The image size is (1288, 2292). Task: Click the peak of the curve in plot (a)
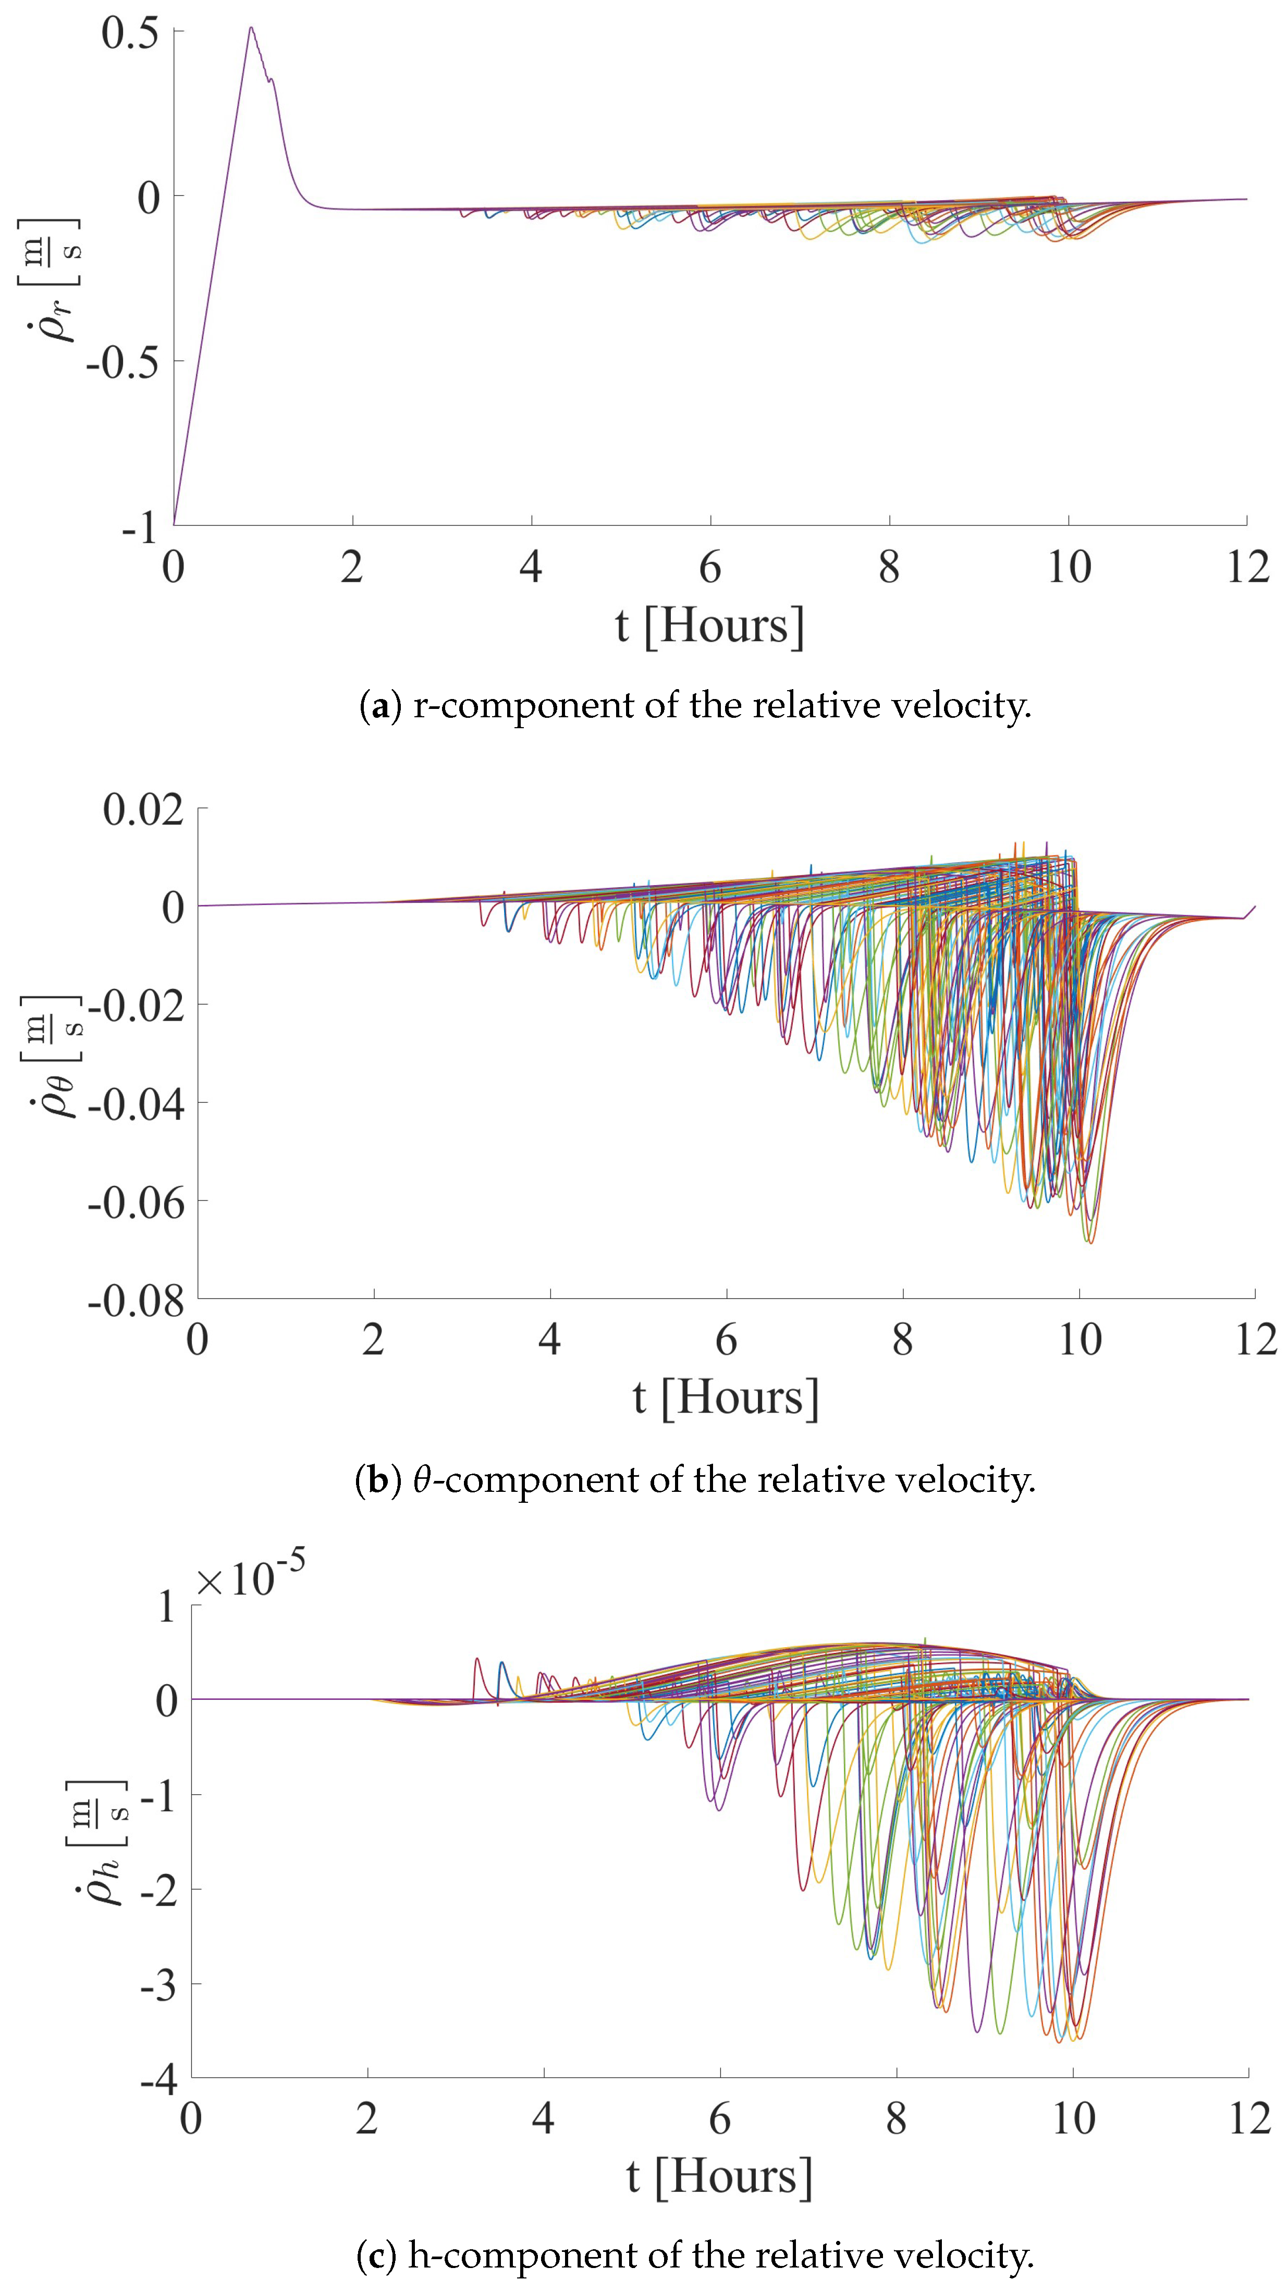(x=251, y=28)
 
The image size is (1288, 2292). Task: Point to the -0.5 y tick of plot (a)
(x=122, y=362)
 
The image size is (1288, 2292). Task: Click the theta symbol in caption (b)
(x=423, y=1480)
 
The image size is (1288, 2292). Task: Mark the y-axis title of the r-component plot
(x=49, y=280)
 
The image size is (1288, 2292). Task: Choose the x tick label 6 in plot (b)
(x=726, y=1341)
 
